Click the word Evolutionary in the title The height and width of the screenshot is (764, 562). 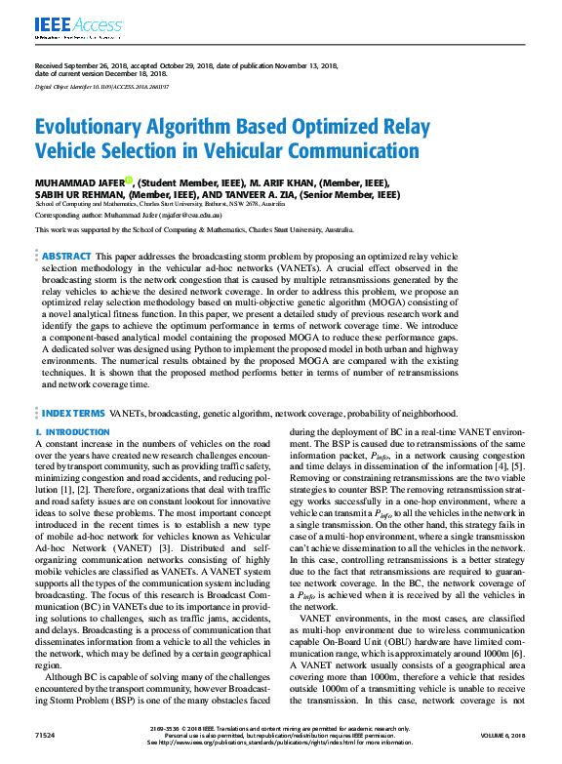[93, 128]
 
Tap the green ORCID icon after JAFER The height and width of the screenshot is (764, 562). [129, 180]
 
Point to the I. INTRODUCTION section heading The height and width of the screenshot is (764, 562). [72, 432]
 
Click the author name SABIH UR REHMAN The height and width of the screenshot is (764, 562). [83, 194]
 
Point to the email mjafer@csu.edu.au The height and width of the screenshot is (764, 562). [198, 214]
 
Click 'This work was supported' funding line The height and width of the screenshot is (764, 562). [193, 229]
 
